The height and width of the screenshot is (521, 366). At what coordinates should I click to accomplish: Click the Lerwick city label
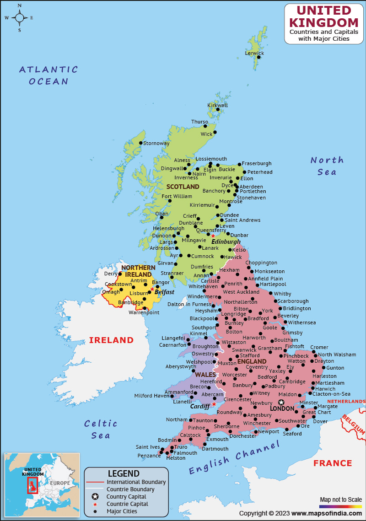pyautogui.click(x=255, y=53)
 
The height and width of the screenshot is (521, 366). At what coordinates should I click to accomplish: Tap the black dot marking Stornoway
pyautogui.click(x=141, y=143)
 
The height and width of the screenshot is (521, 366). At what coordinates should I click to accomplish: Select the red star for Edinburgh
pyautogui.click(x=213, y=236)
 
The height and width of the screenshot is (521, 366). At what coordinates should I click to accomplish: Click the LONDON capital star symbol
pyautogui.click(x=281, y=402)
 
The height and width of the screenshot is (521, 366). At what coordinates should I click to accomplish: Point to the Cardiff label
pyautogui.click(x=200, y=406)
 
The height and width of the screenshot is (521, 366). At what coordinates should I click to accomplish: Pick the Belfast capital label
pyautogui.click(x=164, y=291)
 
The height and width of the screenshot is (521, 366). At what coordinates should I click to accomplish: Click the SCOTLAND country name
pyautogui.click(x=183, y=187)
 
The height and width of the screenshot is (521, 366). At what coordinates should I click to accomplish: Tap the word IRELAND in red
pyautogui.click(x=111, y=340)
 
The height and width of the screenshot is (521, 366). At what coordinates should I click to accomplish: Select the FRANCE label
pyautogui.click(x=333, y=463)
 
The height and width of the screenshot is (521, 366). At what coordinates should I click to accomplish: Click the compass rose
pyautogui.click(x=20, y=18)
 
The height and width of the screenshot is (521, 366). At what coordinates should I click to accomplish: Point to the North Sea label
pyautogui.click(x=327, y=166)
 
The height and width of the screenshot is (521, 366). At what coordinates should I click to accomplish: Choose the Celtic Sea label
pyautogui.click(x=101, y=429)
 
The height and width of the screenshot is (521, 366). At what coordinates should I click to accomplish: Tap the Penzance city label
pyautogui.click(x=149, y=456)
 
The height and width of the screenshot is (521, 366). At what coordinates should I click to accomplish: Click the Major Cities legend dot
pyautogui.click(x=95, y=511)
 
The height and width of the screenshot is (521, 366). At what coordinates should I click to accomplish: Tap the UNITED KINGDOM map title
pyautogui.click(x=324, y=16)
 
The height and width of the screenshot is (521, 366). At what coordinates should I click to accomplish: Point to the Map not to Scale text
pyautogui.click(x=340, y=499)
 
